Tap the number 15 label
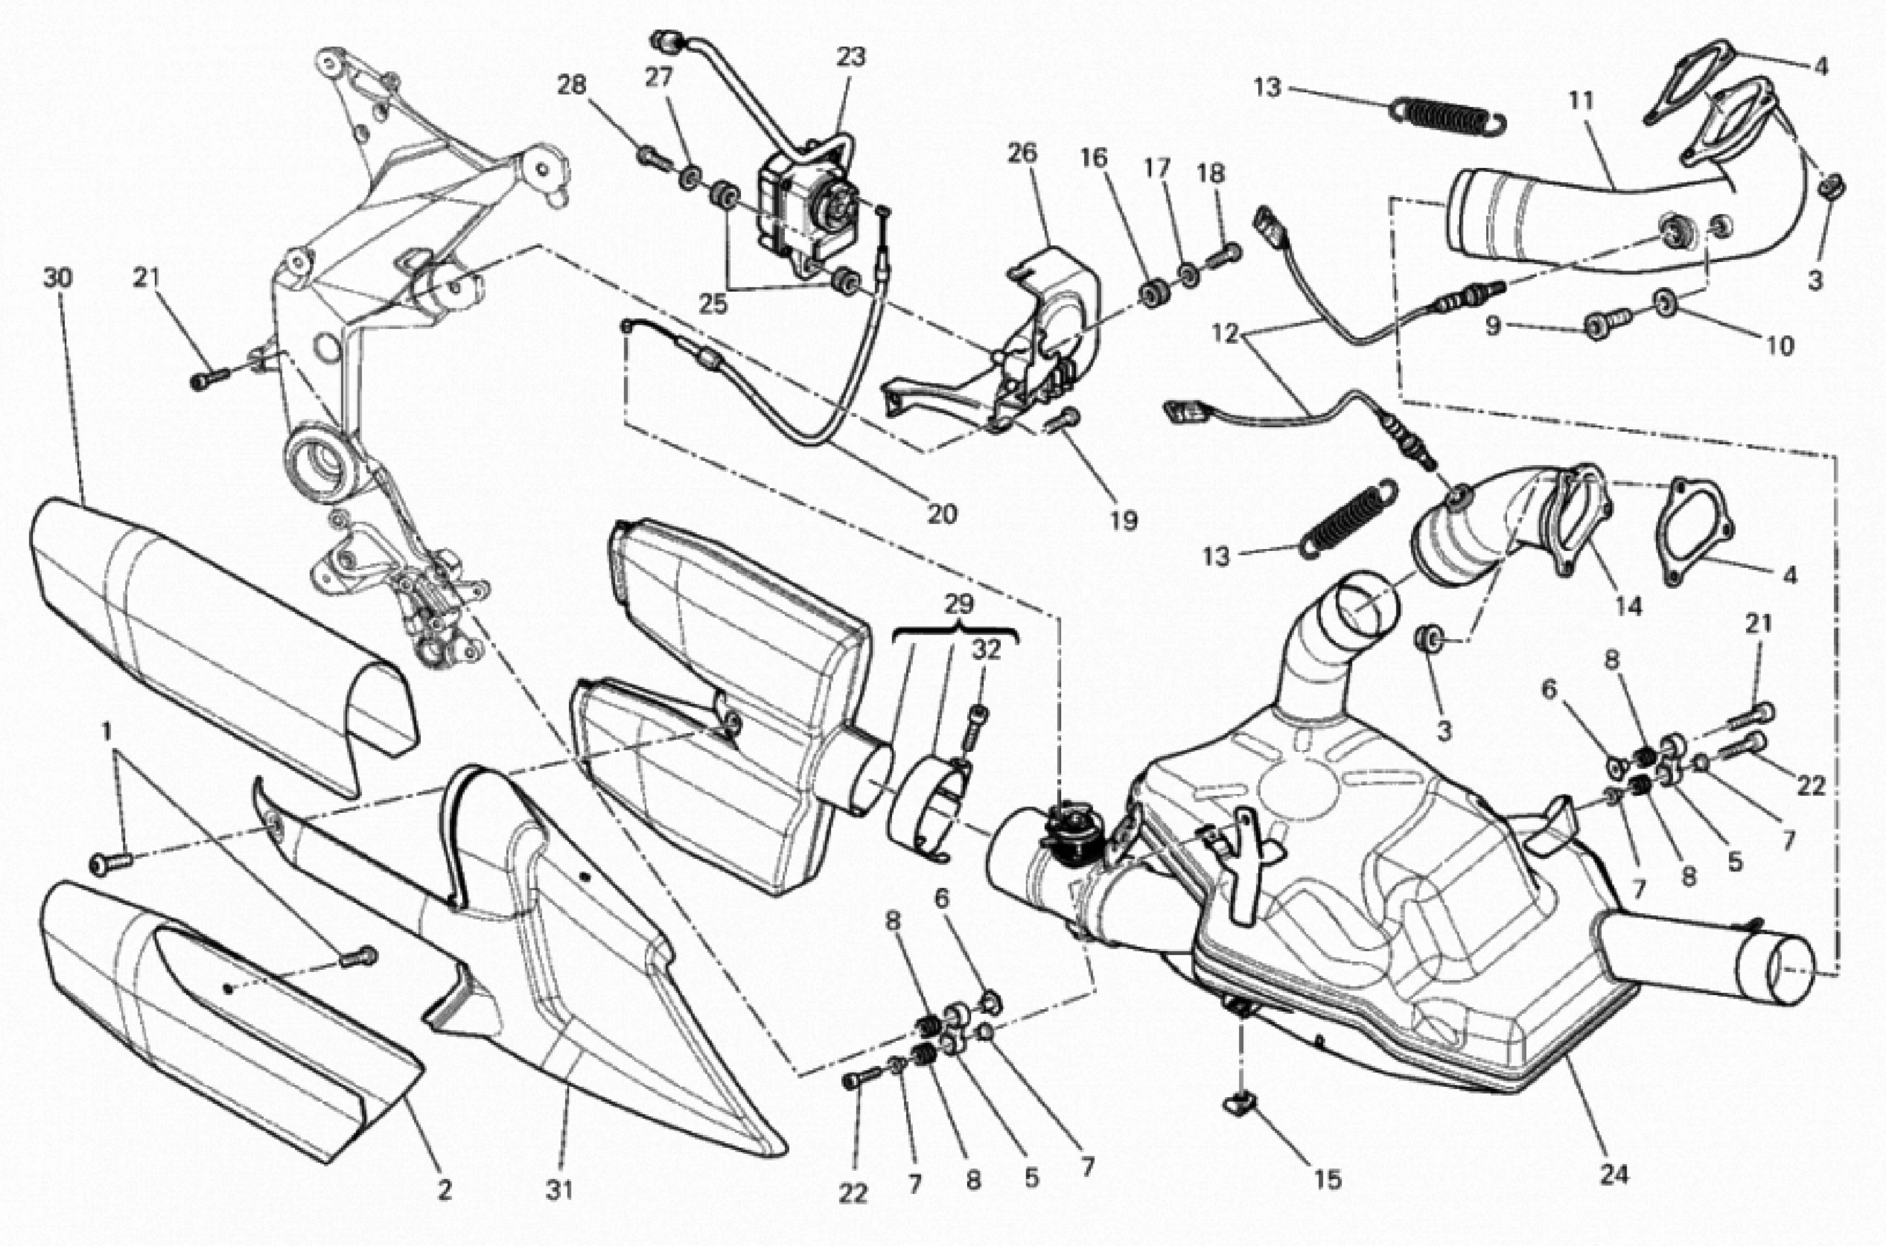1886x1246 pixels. click(1327, 1179)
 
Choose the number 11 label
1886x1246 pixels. click(1582, 101)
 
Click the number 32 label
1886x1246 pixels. click(986, 650)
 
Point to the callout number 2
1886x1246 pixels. click(444, 1189)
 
